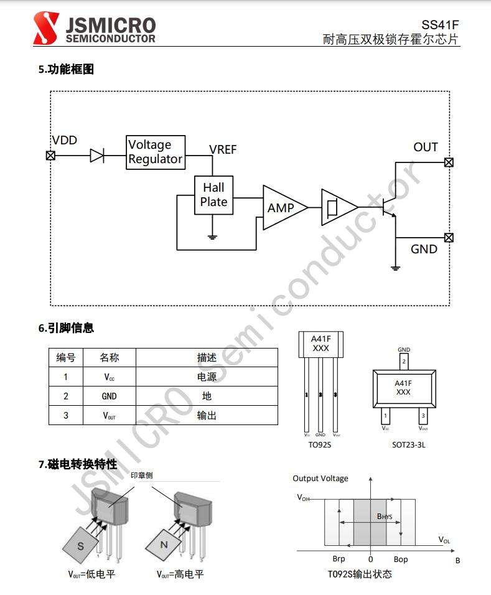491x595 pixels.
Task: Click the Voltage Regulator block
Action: (x=156, y=152)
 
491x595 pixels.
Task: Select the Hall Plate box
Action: (x=213, y=195)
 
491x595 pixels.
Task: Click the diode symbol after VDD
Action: (x=96, y=156)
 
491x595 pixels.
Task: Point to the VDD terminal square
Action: (x=51, y=156)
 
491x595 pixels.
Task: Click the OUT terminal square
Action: (x=449, y=162)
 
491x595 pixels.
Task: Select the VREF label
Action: (x=223, y=149)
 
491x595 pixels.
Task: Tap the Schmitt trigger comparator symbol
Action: (x=336, y=207)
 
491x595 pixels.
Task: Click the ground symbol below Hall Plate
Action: (x=213, y=236)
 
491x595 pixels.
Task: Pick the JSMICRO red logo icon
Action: (x=45, y=29)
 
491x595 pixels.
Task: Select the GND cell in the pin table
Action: (x=109, y=396)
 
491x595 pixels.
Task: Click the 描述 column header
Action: (x=207, y=357)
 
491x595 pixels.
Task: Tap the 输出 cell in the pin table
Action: (x=207, y=415)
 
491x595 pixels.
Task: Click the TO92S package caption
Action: (x=320, y=445)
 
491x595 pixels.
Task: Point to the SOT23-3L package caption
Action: (x=403, y=445)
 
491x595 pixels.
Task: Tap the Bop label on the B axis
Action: (x=401, y=560)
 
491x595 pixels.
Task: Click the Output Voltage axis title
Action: (x=320, y=479)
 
